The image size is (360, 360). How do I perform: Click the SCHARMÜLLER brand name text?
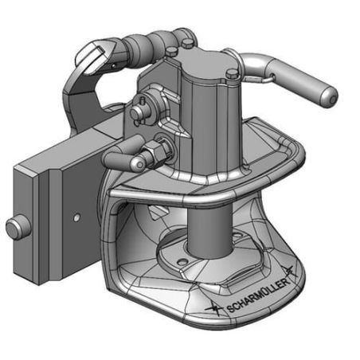pyautogui.click(x=257, y=295)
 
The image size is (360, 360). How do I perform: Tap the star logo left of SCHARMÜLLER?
pyautogui.click(x=214, y=309)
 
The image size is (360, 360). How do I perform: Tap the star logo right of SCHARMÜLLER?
pyautogui.click(x=289, y=271)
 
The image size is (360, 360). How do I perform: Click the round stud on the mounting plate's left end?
pyautogui.click(x=18, y=228)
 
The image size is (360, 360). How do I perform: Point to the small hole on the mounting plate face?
pyautogui.click(x=76, y=217)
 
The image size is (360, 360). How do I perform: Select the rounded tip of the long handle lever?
pyautogui.click(x=328, y=97)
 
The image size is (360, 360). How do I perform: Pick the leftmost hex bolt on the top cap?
pyautogui.click(x=171, y=51)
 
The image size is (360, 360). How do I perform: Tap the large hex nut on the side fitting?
pyautogui.click(x=158, y=151)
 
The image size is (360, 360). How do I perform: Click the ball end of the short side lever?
pyautogui.click(x=139, y=164)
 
